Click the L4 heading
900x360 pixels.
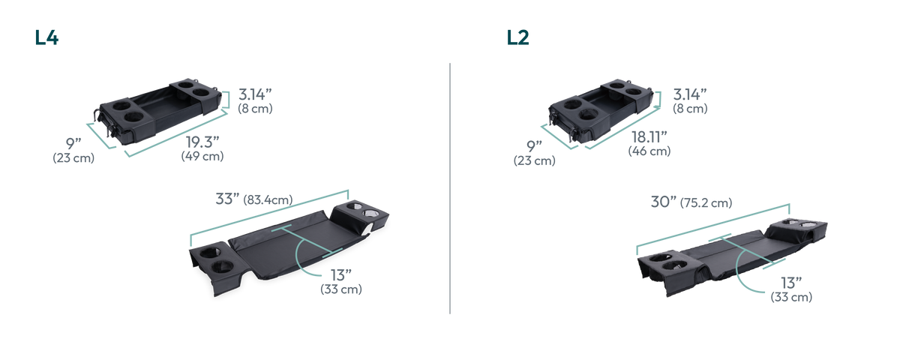coord(46,37)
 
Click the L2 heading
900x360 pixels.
coord(517,37)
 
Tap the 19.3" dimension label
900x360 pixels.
coord(202,142)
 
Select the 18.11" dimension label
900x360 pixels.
coord(649,137)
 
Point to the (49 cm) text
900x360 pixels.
coord(202,156)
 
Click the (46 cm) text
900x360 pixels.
coord(649,151)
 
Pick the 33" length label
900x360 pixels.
coord(227,199)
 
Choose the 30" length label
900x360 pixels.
coord(663,202)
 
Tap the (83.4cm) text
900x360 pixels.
coord(268,199)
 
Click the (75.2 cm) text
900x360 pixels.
coord(706,202)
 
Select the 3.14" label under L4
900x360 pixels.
coord(255,94)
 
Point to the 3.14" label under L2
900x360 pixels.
coord(690,94)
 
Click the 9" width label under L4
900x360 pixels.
coord(73,143)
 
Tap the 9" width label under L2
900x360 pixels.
coord(534,146)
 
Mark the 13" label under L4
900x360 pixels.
coord(341,275)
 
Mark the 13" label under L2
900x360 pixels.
coord(791,283)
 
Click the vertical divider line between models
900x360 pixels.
coord(450,188)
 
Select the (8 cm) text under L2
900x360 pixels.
coord(690,109)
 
